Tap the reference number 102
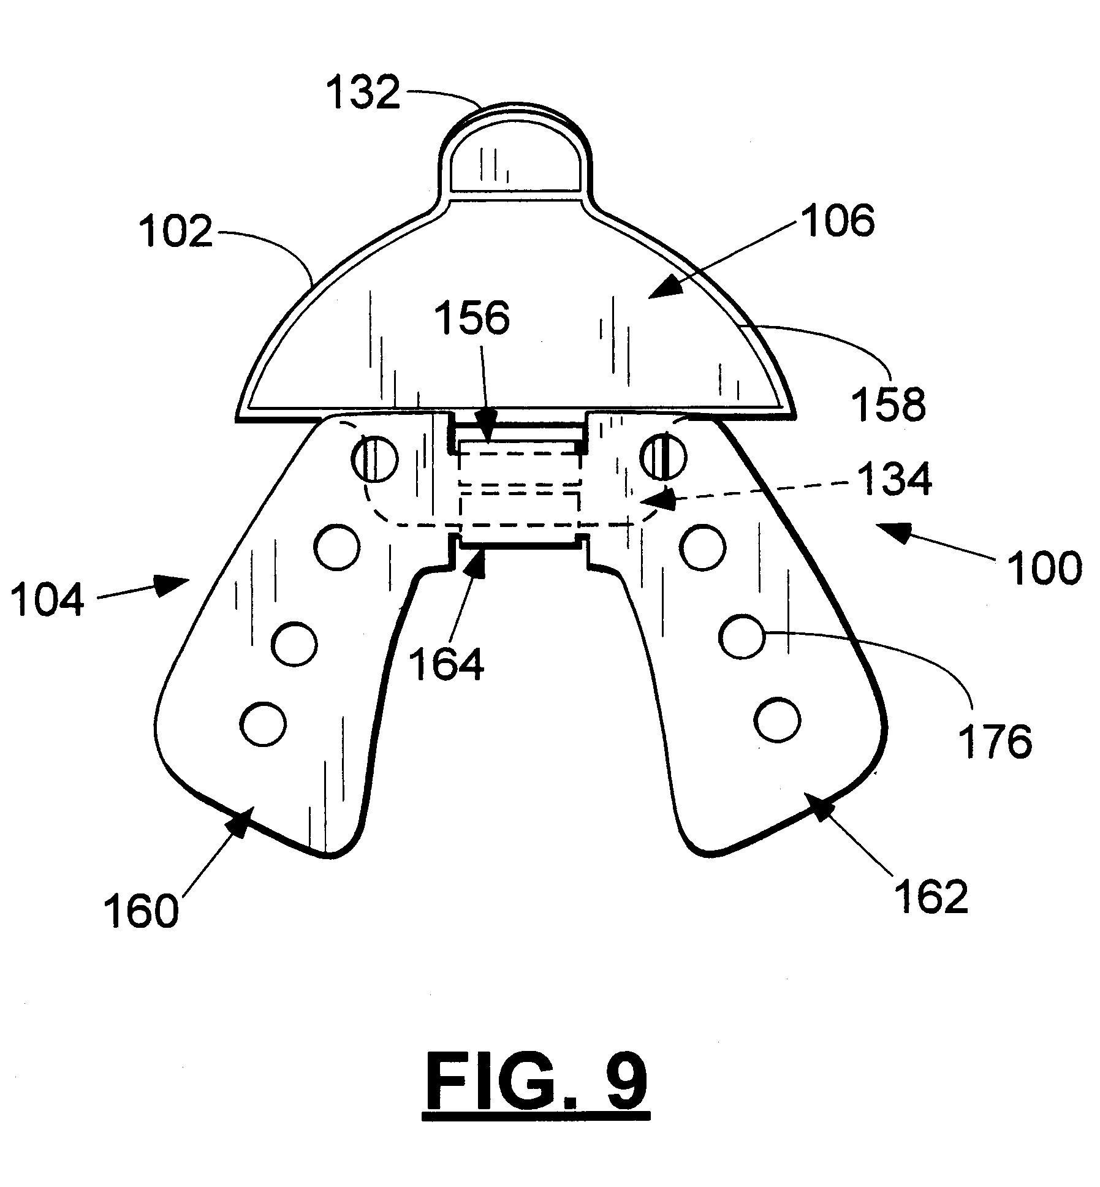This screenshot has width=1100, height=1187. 175,232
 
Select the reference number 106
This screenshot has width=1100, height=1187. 839,221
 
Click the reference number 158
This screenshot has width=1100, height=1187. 890,404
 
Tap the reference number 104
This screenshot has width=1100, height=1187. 47,600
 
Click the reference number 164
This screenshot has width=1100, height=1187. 446,664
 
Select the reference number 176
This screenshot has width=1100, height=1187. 995,741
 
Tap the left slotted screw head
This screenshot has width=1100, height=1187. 374,458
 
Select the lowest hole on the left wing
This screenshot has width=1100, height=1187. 264,724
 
